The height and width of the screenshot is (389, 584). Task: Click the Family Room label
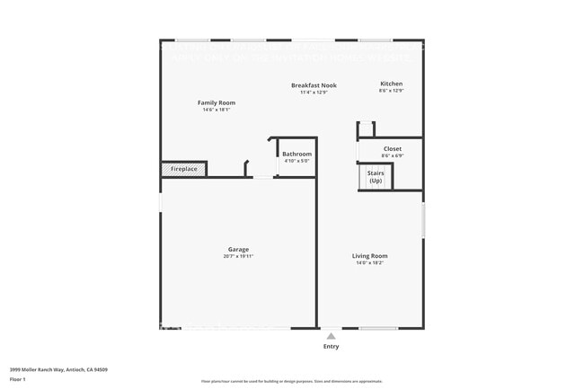point(216,103)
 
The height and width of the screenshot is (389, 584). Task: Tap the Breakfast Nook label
point(314,85)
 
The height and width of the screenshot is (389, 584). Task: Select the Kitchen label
point(391,84)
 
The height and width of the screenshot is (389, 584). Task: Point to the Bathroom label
point(296,155)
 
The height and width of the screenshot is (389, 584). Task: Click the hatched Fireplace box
point(183,169)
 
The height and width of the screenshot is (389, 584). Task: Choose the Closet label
point(392,149)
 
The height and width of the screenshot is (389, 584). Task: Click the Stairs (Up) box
point(375,176)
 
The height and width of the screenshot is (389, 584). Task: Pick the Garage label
point(238,250)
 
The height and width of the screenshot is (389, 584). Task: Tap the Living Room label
point(369,256)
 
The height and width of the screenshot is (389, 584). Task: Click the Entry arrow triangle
point(331,336)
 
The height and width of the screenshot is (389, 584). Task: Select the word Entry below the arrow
point(332,346)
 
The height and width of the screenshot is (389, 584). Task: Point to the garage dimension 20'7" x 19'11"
point(238,257)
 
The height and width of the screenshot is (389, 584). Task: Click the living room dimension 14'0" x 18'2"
point(369,263)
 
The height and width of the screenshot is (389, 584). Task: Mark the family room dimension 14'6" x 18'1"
point(216,111)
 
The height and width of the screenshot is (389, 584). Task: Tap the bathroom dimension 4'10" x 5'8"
point(296,162)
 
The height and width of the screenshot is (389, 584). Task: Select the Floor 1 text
point(18,379)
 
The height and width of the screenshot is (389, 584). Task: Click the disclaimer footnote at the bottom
point(292,382)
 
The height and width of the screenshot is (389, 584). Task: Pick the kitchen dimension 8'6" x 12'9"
point(391,91)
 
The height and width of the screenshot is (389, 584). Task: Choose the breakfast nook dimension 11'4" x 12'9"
point(314,93)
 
